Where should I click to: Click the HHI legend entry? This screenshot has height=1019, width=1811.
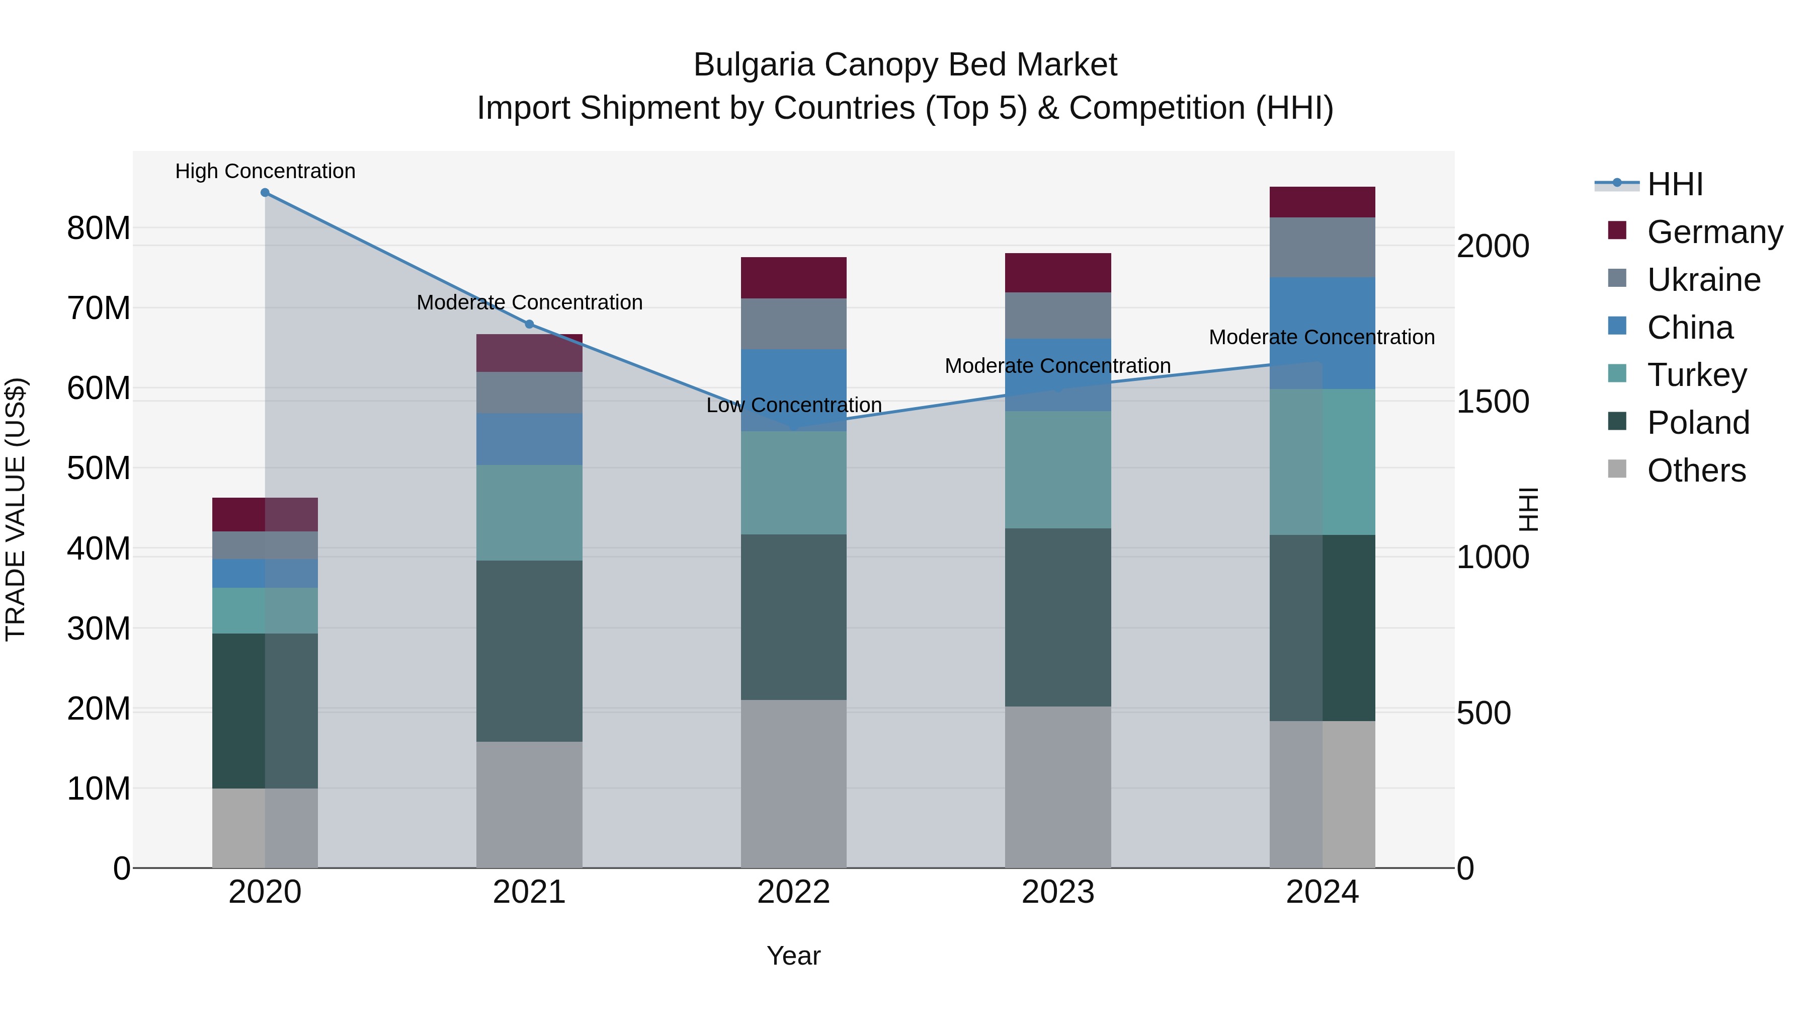tap(1675, 184)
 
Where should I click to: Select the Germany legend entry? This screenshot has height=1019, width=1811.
tap(1714, 232)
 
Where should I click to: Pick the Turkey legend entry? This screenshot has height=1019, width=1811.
tap(1696, 375)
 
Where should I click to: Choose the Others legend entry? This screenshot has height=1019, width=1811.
tap(1696, 471)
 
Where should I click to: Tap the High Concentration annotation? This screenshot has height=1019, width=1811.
tap(265, 171)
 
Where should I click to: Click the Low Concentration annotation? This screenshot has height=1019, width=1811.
tap(794, 405)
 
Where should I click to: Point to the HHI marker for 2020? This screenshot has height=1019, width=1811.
tap(265, 193)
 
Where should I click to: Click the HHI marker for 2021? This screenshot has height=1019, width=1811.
tap(529, 324)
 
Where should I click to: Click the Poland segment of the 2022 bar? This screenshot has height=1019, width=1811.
tap(794, 617)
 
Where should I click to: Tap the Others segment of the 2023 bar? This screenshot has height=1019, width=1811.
tap(1057, 787)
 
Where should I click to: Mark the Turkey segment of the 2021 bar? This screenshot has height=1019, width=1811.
tap(529, 513)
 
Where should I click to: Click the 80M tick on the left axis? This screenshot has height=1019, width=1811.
tap(99, 228)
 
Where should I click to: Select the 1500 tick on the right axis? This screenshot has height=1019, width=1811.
tap(1493, 402)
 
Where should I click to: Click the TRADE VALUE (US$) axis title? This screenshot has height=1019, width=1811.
tap(16, 509)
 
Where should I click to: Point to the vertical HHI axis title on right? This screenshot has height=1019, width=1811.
tap(1528, 509)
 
